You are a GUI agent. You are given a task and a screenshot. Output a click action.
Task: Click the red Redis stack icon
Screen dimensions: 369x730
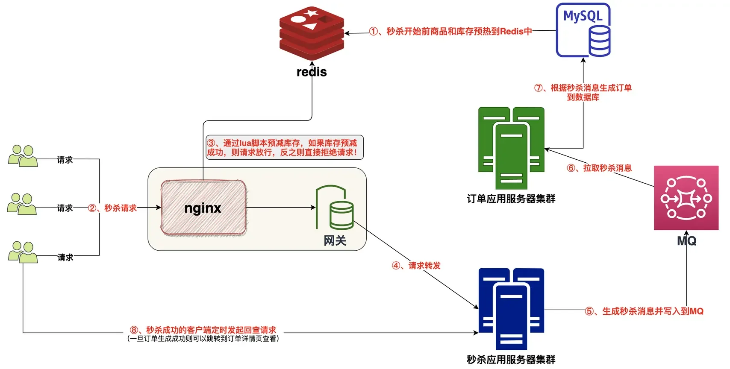coord(312,33)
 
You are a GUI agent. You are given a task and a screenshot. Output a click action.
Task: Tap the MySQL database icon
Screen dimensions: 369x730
coord(583,30)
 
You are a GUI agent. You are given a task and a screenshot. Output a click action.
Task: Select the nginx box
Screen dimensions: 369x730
coord(203,208)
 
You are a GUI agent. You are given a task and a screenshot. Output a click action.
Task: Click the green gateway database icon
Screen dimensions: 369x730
coord(335,208)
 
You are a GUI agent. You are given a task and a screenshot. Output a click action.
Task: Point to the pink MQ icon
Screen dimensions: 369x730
coord(686,198)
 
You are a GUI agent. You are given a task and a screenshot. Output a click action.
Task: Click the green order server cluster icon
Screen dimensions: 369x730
coord(511,148)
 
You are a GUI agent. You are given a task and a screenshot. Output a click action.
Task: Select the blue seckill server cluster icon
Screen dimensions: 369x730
coord(511,309)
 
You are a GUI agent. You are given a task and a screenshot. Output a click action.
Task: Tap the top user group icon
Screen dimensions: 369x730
coord(23,156)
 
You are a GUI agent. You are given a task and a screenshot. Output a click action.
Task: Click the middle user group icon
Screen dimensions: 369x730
coord(22,204)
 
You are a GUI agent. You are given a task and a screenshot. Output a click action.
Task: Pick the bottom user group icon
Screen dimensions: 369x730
coord(23,252)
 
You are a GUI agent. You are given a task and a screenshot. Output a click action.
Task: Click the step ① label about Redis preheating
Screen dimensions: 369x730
coord(450,31)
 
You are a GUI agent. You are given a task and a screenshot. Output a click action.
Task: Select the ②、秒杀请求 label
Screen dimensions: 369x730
coord(112,208)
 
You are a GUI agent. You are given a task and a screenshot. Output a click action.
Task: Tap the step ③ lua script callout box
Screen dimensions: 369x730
coord(284,148)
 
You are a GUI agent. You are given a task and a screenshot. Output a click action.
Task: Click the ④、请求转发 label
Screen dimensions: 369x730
coord(416,266)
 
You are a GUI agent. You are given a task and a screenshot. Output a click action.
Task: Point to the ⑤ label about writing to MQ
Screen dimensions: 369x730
coord(644,311)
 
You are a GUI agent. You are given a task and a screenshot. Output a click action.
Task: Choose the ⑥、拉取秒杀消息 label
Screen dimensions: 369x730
coord(599,168)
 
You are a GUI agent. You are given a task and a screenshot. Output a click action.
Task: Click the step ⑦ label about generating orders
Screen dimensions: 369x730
coord(583,92)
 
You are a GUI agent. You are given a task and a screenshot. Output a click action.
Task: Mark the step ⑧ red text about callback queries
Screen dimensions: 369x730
coord(203,330)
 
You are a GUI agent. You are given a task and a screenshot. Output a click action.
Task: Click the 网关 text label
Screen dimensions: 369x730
coord(335,241)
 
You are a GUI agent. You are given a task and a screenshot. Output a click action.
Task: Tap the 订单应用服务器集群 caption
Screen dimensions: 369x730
coord(511,199)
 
